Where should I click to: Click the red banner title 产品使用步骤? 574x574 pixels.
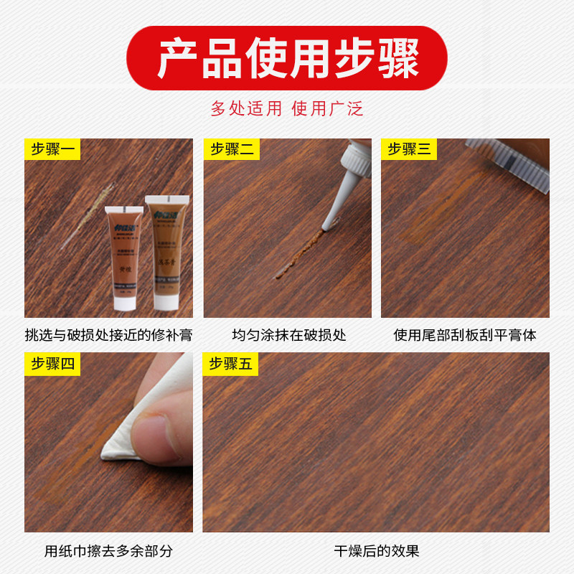coord(287,59)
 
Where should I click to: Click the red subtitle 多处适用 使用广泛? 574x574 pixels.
coord(287,108)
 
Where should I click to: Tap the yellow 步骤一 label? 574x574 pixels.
coord(52,149)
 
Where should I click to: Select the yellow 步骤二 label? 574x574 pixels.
coord(232,149)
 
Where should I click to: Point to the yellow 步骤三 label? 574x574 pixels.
coord(409,149)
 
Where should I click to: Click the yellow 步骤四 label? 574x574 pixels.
coord(52,364)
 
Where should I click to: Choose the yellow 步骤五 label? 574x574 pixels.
coord(230,364)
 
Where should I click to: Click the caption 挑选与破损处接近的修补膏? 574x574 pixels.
coord(108,335)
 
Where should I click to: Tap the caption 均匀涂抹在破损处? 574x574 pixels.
coord(288,335)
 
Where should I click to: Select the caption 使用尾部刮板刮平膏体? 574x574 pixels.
coord(465,335)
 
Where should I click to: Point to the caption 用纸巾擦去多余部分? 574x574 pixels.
coord(108,551)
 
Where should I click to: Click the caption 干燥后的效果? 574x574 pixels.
coord(376,551)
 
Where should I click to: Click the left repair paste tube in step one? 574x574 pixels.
coord(124,255)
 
